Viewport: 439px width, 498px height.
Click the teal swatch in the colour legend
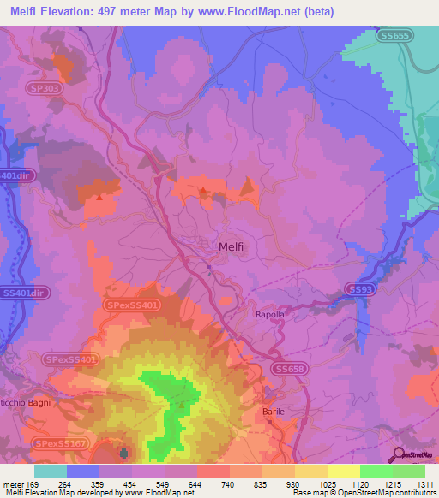coord(50,471)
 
